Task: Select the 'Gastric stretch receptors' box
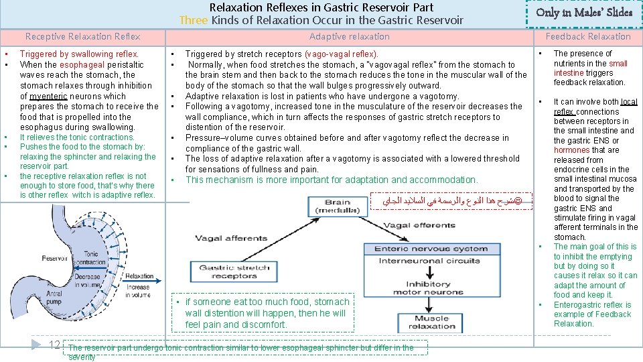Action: [x=234, y=271]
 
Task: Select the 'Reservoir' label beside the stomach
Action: [x=54, y=258]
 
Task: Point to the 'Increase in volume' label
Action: [x=138, y=291]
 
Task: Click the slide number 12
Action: [x=56, y=345]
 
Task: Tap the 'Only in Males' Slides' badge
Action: [x=584, y=12]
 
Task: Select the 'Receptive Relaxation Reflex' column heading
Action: [x=82, y=36]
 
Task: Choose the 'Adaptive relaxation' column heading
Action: [x=349, y=36]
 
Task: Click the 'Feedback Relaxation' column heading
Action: [x=587, y=36]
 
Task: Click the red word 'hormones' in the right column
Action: [x=571, y=150]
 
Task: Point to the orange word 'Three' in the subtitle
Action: [x=194, y=19]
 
